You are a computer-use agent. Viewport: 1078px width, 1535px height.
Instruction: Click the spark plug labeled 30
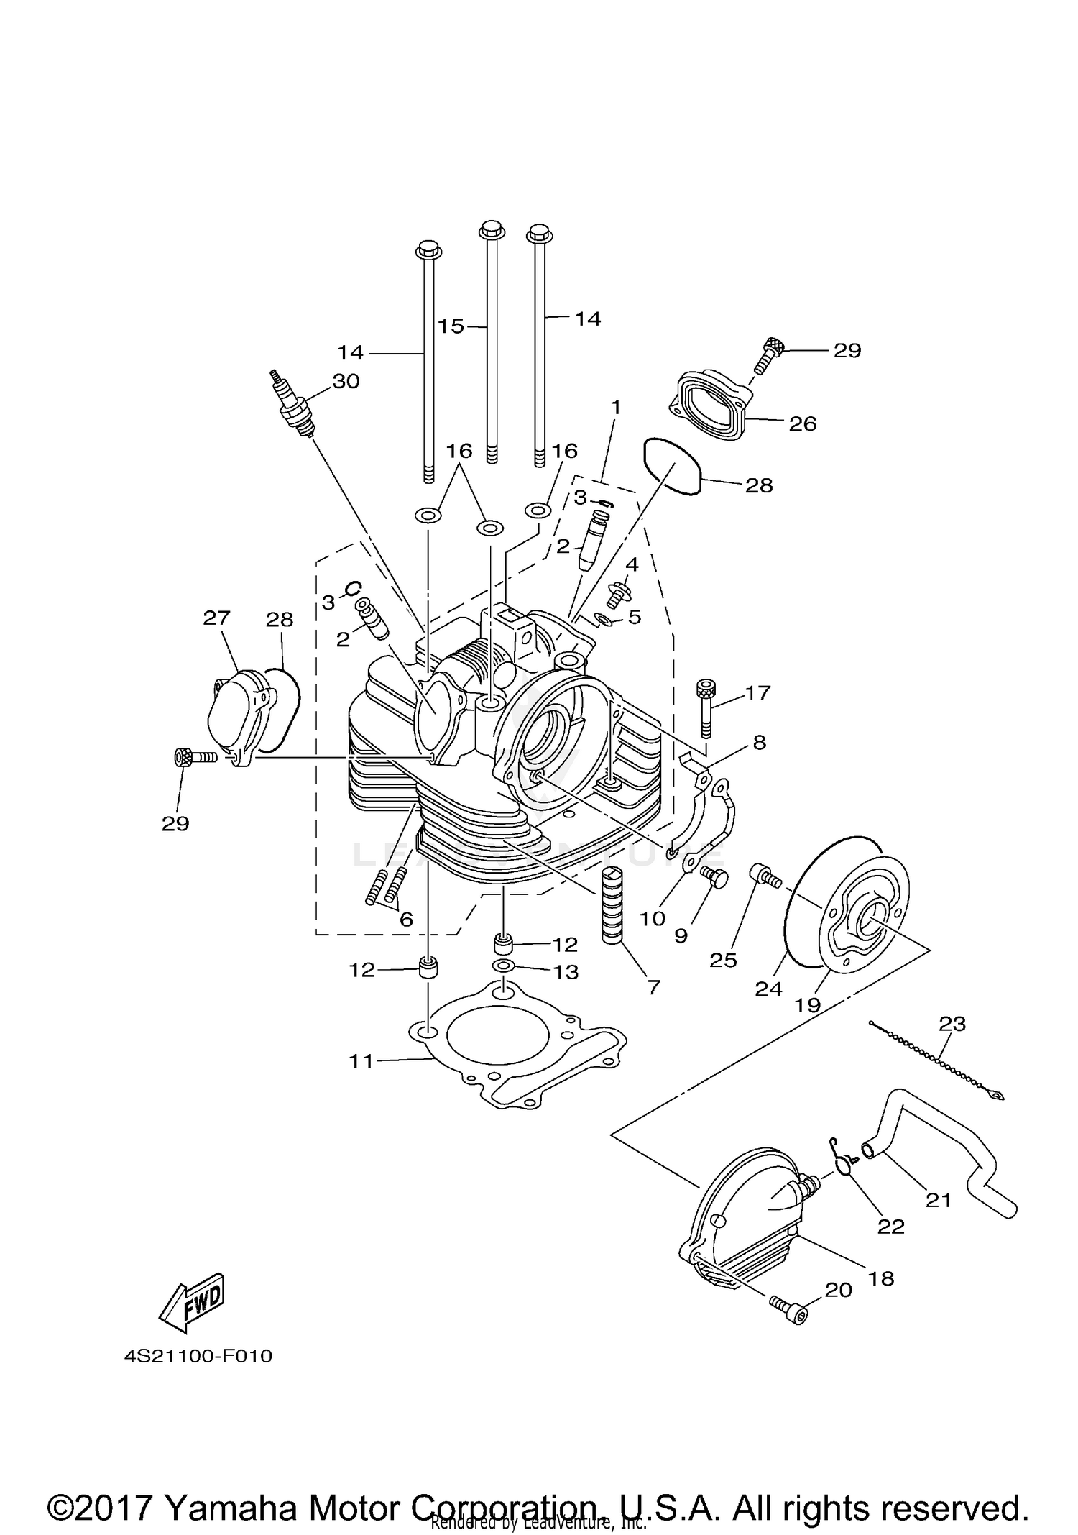(293, 405)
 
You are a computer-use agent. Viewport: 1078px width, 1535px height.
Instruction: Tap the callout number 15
(451, 326)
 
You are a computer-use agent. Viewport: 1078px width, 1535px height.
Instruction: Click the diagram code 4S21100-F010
(199, 1356)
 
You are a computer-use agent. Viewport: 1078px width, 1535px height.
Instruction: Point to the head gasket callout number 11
(361, 1060)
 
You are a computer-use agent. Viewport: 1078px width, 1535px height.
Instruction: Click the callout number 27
(216, 618)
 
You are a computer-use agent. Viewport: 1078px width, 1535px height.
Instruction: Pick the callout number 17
(757, 693)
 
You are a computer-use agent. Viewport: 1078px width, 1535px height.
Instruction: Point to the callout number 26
(803, 424)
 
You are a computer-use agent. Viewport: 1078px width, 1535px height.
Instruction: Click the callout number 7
(653, 987)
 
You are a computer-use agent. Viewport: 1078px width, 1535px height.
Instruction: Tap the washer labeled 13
(503, 965)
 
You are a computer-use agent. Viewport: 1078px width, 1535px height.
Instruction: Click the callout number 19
(808, 1004)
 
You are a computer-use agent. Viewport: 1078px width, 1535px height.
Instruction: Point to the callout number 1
(615, 408)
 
